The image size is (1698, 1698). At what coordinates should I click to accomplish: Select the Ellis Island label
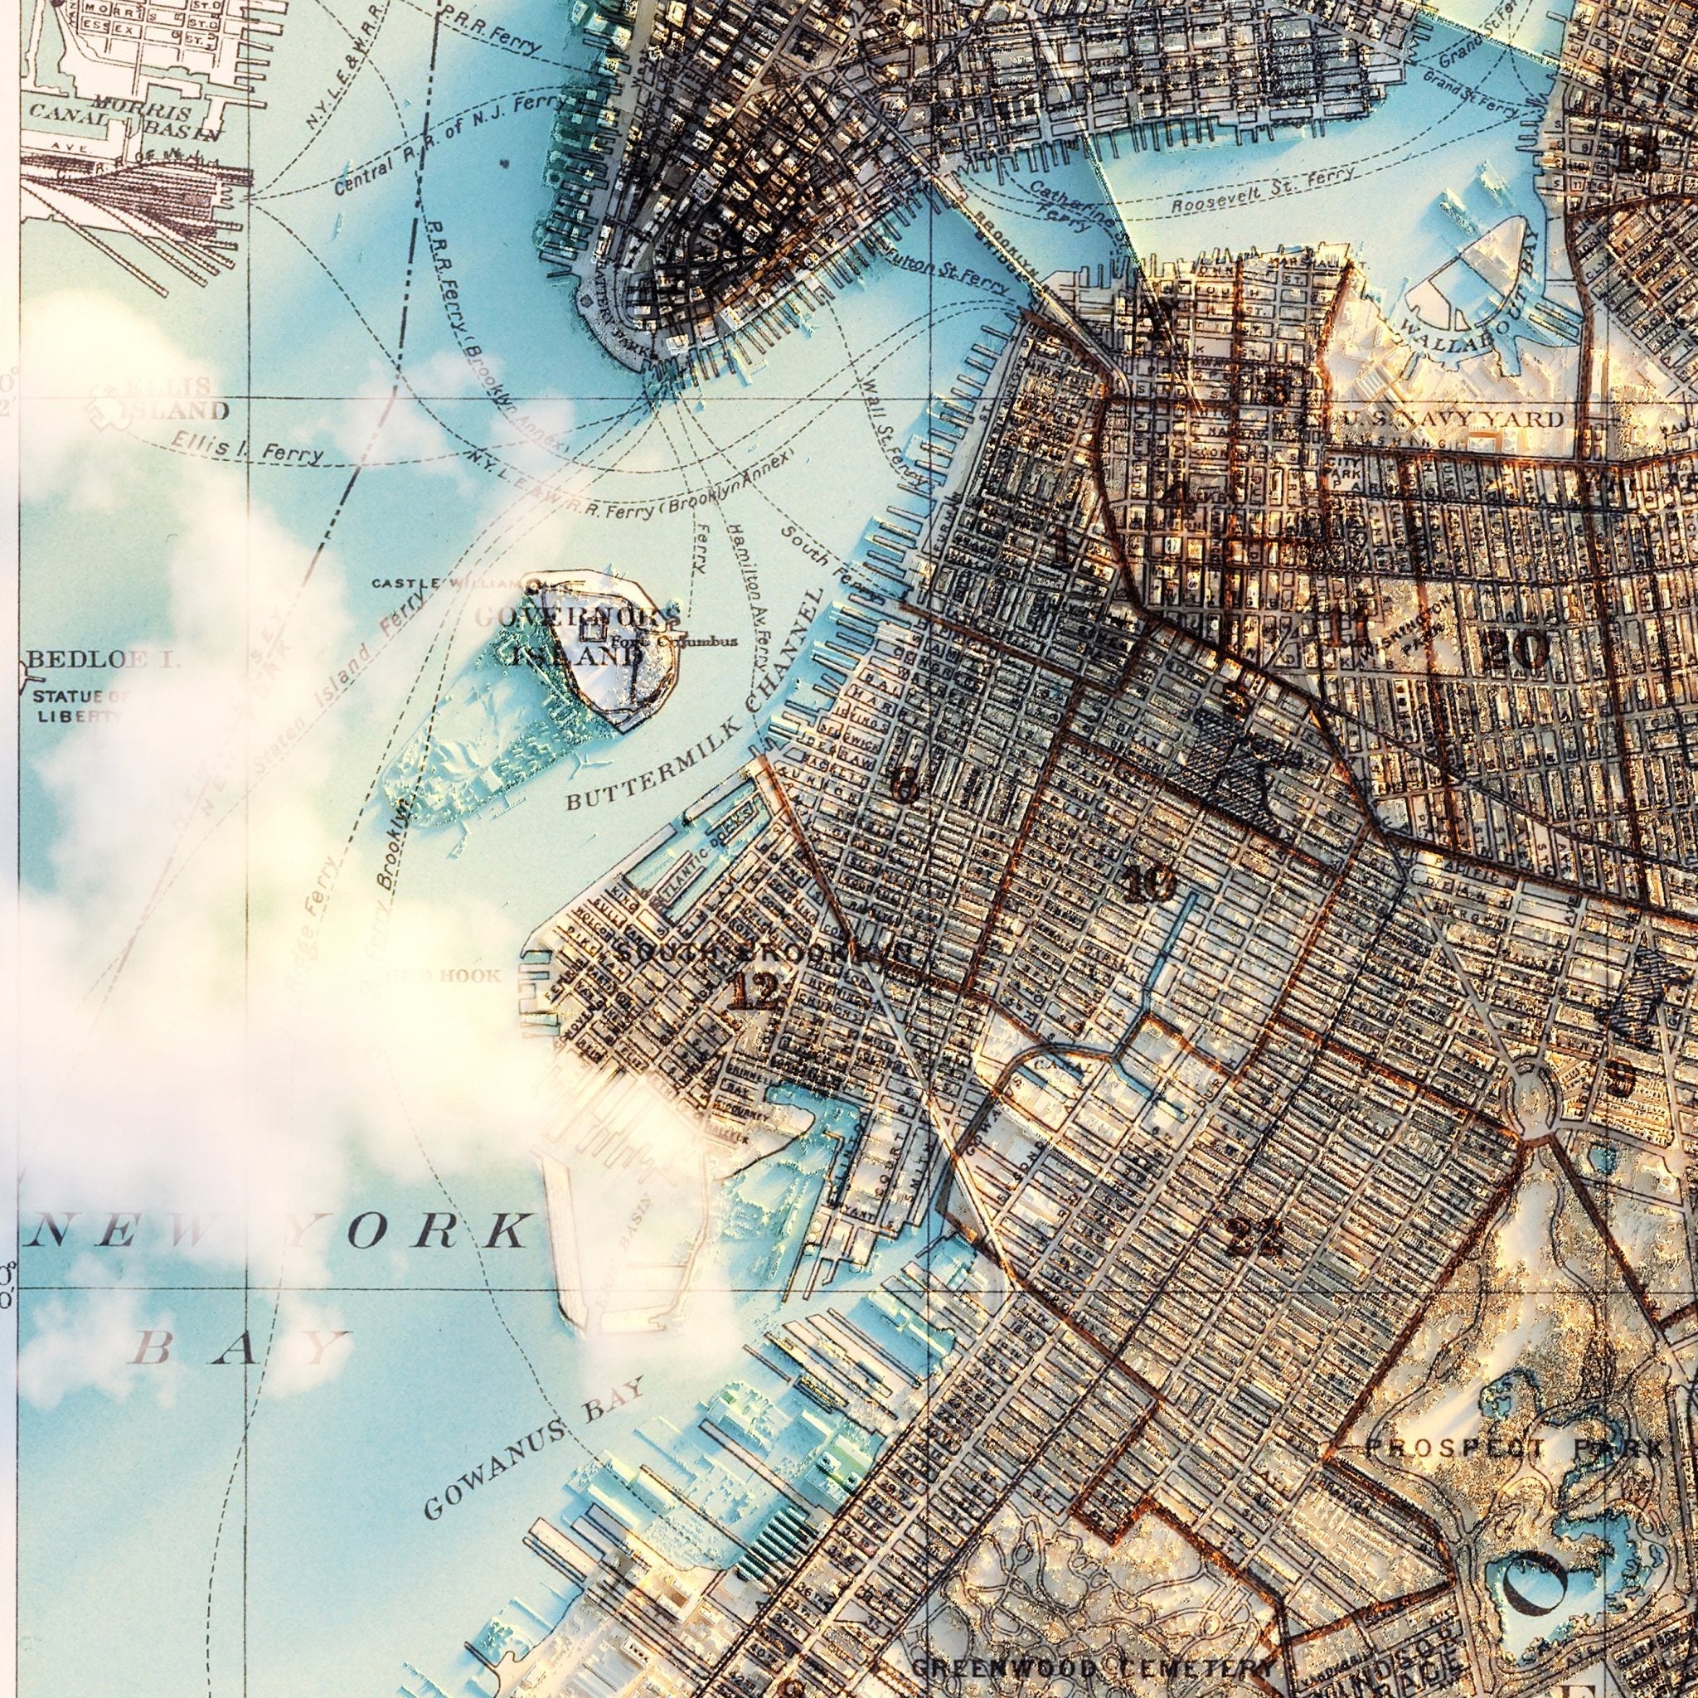(162, 400)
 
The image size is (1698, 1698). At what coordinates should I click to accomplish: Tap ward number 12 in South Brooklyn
(754, 993)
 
